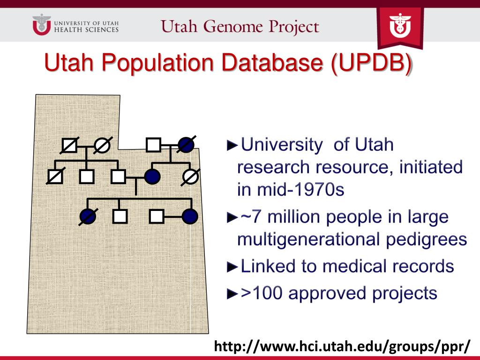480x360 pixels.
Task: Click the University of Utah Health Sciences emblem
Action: click(x=41, y=25)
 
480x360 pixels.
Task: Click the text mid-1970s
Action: click(x=291, y=189)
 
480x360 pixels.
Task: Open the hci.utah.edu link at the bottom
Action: click(x=342, y=347)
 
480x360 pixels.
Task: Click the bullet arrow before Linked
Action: click(x=232, y=267)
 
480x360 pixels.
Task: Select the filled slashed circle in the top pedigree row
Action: click(x=186, y=145)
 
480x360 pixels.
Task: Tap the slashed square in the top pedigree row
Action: click(x=69, y=146)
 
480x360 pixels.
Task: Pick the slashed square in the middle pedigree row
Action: click(x=55, y=176)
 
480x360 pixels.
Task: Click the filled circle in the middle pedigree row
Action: click(x=153, y=177)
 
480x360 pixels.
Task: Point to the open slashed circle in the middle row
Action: click(x=190, y=177)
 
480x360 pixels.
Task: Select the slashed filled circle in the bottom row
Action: click(x=88, y=216)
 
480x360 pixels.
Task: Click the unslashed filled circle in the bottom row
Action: click(x=190, y=216)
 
